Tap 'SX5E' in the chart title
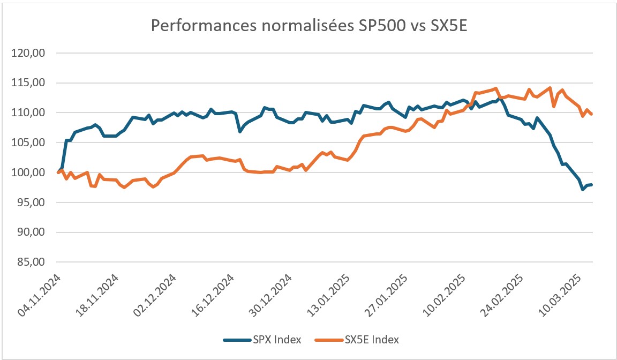(443, 26)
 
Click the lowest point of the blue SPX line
(583, 189)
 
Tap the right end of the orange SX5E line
(592, 114)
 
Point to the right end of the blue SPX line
(592, 185)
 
